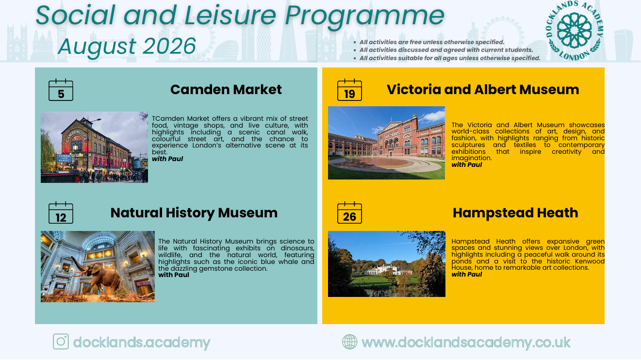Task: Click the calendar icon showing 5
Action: coord(61,90)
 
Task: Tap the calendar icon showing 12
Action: coord(61,213)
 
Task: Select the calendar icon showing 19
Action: coord(349,90)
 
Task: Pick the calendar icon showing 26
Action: coord(349,213)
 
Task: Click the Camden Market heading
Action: coord(226,90)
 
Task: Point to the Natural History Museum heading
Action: coord(194,213)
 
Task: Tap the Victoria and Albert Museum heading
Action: coord(483,90)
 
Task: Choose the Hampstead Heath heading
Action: coord(515,213)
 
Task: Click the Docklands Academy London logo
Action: coord(575,31)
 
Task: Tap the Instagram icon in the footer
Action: coord(61,342)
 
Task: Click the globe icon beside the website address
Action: coord(350,342)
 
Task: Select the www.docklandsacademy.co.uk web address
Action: coord(466,343)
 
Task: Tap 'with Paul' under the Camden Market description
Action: coord(167,159)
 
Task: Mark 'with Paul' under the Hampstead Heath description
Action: coord(467,275)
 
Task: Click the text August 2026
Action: coord(127,47)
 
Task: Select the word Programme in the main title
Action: coord(364,16)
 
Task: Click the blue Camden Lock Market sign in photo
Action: coord(64,158)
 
